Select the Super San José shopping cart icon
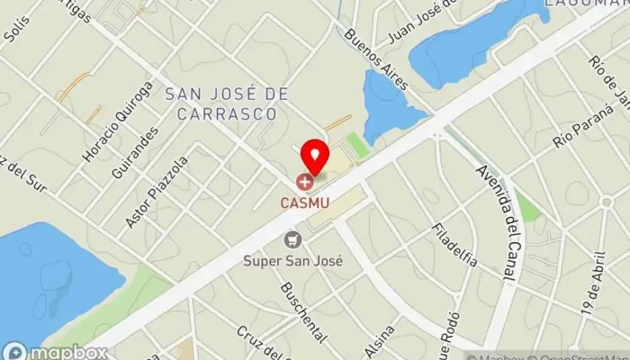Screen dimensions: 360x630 pos(292,240)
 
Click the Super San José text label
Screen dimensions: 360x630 pos(292,262)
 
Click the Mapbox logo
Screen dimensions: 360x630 pos(34,349)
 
